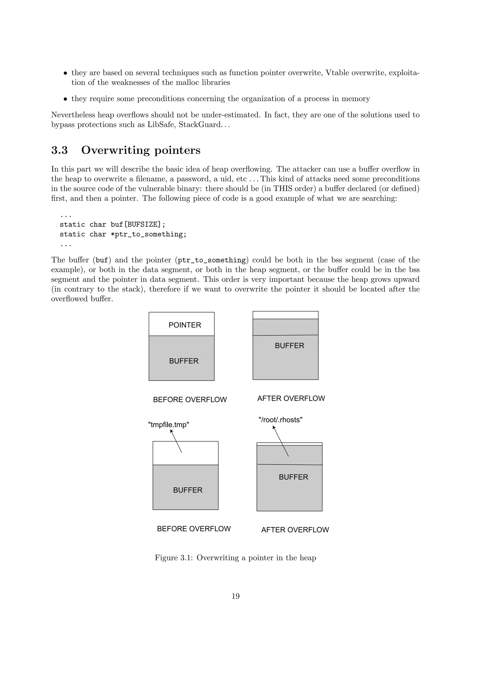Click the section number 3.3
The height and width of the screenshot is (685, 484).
[59, 150]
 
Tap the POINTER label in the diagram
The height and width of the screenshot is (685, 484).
[185, 325]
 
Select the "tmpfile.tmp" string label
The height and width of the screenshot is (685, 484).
[169, 425]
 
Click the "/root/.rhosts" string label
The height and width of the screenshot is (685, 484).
[280, 420]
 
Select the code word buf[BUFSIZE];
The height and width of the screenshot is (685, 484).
[138, 224]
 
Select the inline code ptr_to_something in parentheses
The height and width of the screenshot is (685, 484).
[212, 260]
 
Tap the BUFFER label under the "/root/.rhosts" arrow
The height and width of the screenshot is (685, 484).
[293, 477]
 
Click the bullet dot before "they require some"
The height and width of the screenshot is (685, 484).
[65, 99]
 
